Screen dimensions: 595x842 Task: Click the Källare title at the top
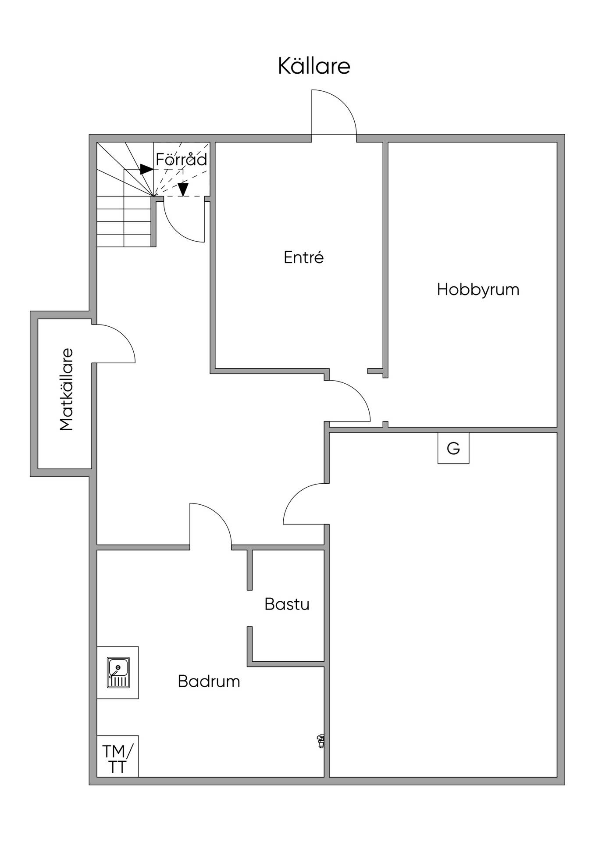[314, 66]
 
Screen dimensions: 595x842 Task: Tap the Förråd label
[181, 159]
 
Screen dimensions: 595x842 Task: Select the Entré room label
[303, 257]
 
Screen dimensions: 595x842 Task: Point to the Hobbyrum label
[478, 290]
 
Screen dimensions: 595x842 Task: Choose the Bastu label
[287, 604]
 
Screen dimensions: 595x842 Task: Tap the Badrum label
[209, 681]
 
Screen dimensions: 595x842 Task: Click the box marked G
[453, 448]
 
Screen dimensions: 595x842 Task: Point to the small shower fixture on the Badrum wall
[321, 741]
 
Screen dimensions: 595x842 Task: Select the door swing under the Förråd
[175, 230]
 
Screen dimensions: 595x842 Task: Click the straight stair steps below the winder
[124, 221]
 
